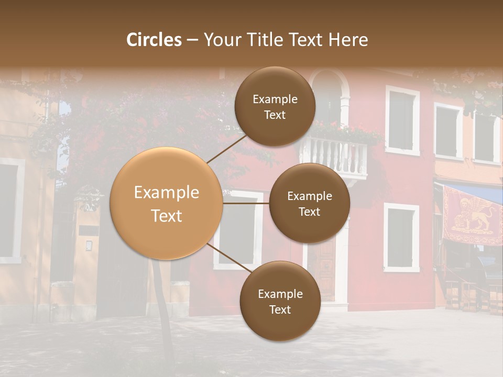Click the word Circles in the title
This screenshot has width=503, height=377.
point(154,40)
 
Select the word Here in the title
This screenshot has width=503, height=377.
point(348,40)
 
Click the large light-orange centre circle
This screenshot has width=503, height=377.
point(166,203)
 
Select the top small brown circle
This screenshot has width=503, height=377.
point(275,106)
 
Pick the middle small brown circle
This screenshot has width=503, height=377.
point(309,203)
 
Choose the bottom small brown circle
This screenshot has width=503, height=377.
point(280,301)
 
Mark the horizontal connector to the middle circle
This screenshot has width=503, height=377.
point(246,203)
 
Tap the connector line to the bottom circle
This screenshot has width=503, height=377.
point(228,258)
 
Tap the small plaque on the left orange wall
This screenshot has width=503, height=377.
point(89,245)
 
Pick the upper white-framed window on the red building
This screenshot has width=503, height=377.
point(402,120)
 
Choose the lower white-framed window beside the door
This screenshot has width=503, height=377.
point(401,237)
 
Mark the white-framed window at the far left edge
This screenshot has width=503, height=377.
point(9,209)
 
